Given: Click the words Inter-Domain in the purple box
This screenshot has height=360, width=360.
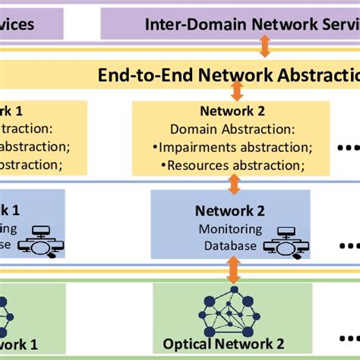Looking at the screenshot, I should click(x=187, y=24).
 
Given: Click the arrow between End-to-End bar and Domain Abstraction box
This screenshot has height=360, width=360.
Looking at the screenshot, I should click(x=237, y=91).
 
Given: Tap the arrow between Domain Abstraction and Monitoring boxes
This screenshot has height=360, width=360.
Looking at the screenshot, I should click(x=234, y=182).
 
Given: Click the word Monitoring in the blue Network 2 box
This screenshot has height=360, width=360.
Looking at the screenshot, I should click(x=230, y=229).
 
